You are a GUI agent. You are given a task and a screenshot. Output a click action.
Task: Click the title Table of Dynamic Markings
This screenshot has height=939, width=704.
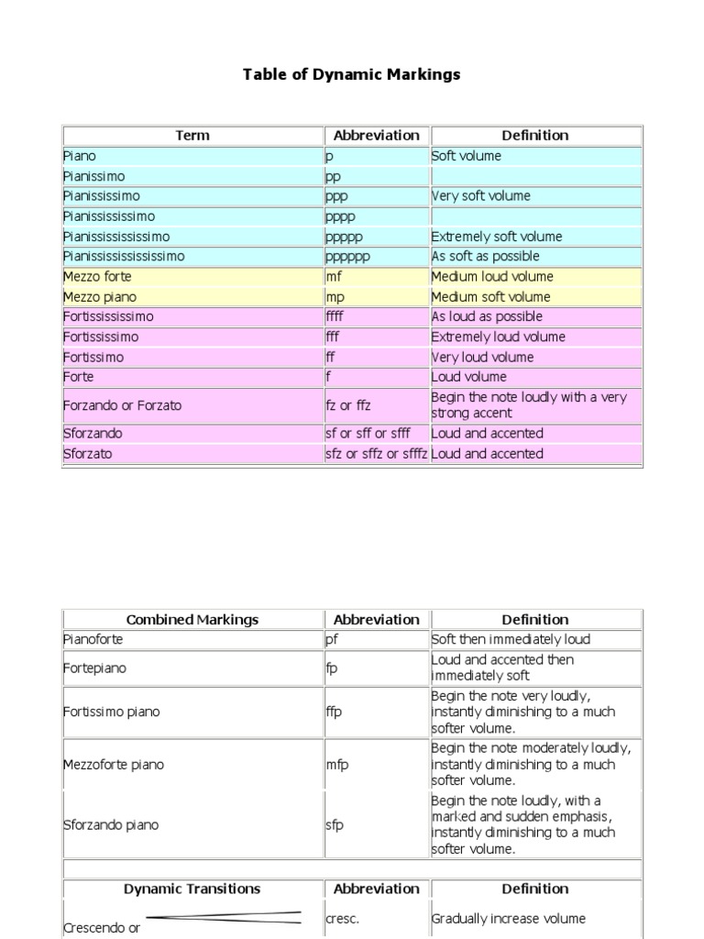click(351, 74)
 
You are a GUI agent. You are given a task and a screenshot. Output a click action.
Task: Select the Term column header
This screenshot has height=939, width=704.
click(192, 135)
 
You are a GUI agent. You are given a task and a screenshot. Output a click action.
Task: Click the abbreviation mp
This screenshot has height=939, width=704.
click(335, 296)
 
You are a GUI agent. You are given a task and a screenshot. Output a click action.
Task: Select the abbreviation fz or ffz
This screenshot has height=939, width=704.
click(348, 405)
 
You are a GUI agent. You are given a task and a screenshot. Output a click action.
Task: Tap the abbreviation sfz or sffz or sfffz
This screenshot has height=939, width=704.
click(376, 453)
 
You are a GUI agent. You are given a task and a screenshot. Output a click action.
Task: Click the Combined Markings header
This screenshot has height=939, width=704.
click(192, 619)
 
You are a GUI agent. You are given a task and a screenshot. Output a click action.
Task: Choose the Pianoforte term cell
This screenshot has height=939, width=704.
click(93, 639)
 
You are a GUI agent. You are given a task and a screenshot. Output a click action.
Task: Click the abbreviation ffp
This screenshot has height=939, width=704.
click(334, 712)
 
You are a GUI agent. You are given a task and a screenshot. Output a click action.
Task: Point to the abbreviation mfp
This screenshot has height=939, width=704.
click(337, 764)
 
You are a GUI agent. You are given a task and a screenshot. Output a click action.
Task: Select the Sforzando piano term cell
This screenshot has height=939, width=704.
click(110, 824)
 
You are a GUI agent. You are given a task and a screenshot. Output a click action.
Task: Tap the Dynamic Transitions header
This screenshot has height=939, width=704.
click(192, 889)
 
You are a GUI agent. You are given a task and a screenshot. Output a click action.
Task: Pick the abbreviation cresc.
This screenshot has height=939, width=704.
click(341, 918)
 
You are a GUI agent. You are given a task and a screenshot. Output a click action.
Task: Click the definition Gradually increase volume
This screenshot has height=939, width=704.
click(508, 918)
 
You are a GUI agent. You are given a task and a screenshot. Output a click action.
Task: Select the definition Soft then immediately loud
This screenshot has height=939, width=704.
click(511, 639)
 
